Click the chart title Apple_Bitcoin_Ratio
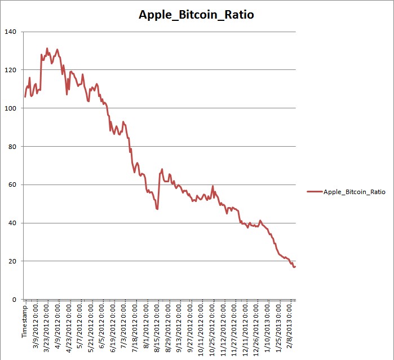[x=196, y=15]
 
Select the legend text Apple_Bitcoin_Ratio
[x=354, y=192]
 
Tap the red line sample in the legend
[x=315, y=192]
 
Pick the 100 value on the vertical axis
[x=10, y=108]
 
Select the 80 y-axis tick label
[x=12, y=146]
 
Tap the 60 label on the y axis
[x=12, y=185]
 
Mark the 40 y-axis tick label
[x=12, y=223]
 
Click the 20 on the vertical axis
[x=12, y=261]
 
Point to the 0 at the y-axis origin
[x=14, y=300]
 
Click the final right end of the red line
[x=295, y=266]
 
